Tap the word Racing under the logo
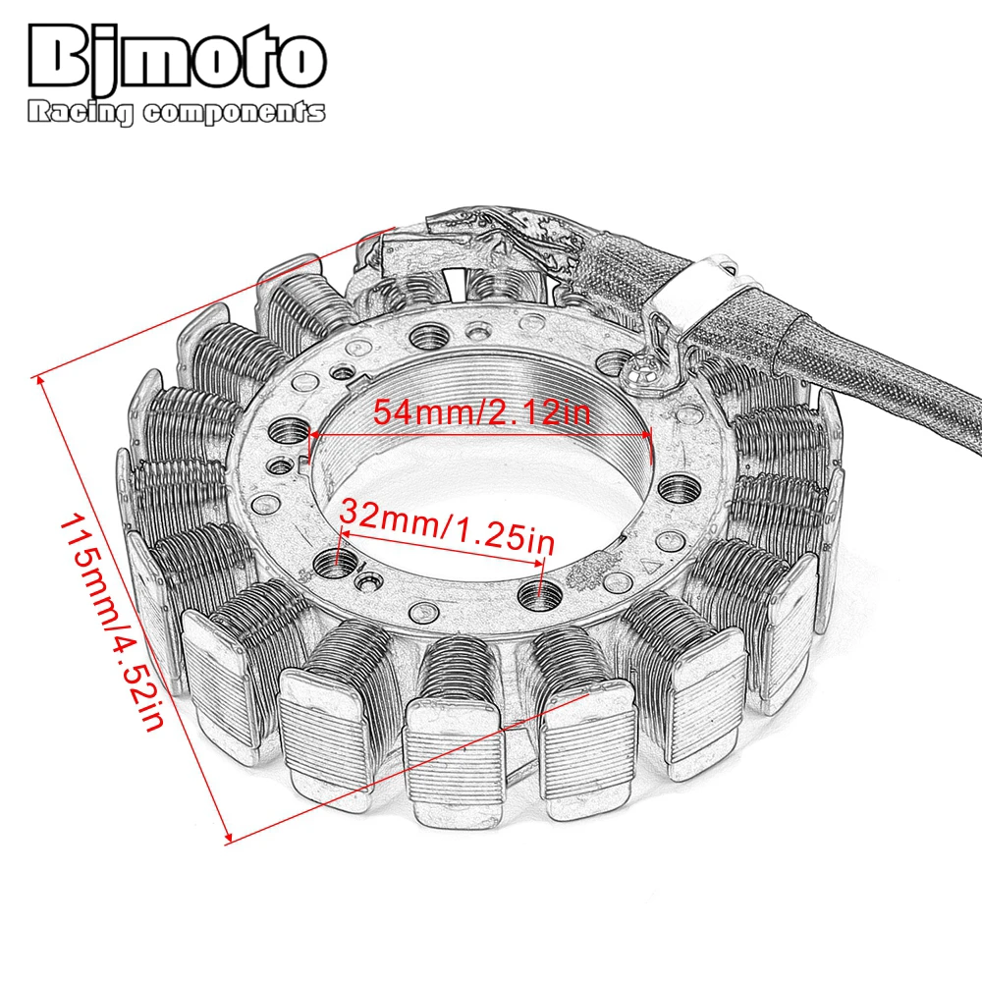coord(80,114)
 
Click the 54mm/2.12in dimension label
coord(481,412)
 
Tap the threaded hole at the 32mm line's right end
coord(538,591)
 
